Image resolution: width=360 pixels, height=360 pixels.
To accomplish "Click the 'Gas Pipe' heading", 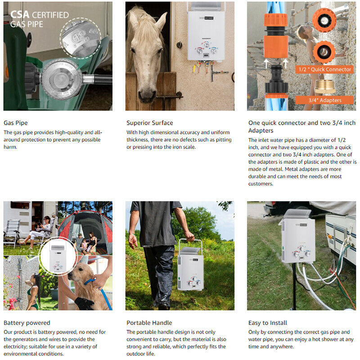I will [x=16, y=122].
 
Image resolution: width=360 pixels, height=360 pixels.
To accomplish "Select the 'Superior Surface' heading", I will [x=149, y=122].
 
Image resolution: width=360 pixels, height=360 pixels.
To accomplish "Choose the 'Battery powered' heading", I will [x=27, y=323].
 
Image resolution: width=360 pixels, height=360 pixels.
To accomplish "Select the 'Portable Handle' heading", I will [x=149, y=323].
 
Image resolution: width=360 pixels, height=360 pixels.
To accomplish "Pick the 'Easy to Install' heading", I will [x=267, y=323].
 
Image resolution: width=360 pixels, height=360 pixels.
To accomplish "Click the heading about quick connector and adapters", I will [x=301, y=126].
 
